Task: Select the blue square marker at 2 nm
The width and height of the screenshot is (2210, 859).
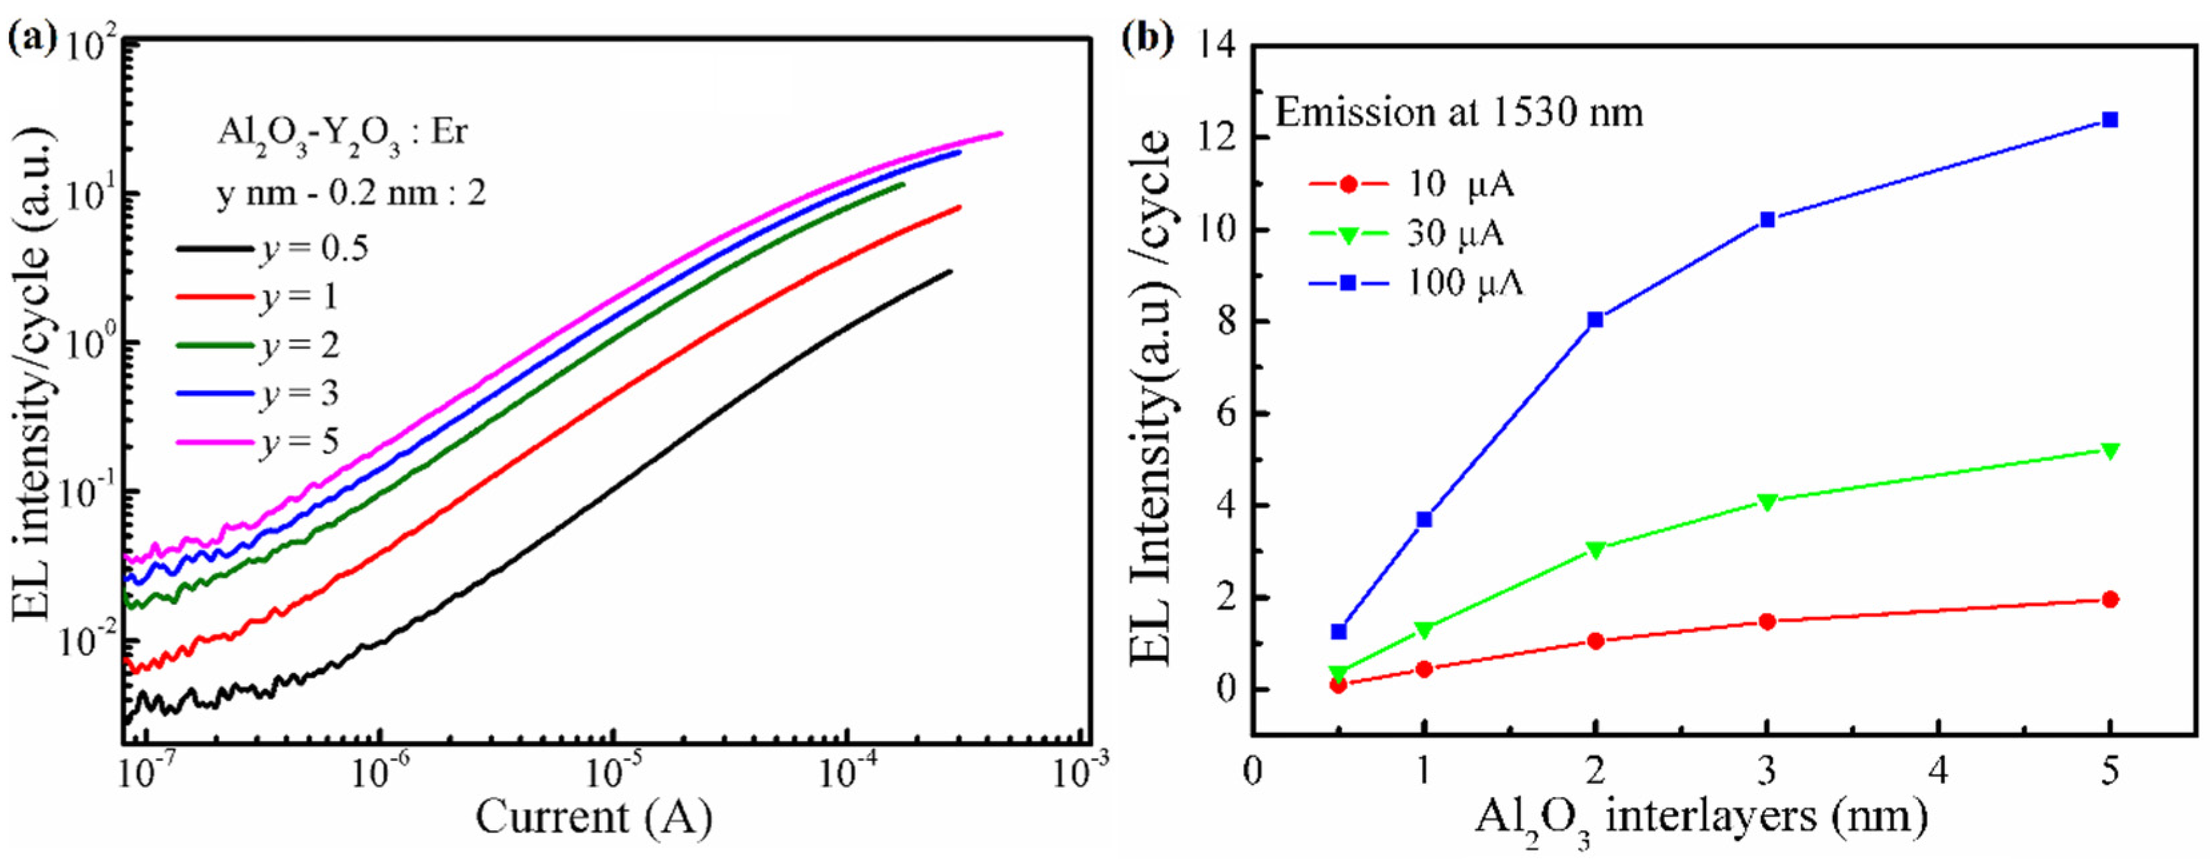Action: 1595,320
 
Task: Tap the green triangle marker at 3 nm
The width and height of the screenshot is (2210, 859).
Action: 1766,501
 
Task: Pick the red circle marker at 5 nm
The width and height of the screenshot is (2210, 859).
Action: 2111,599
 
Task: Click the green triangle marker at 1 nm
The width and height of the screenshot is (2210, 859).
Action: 1424,630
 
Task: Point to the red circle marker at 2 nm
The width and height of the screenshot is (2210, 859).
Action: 1595,641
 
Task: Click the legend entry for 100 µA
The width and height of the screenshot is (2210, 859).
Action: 1416,282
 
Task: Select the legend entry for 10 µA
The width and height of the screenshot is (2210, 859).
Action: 1416,185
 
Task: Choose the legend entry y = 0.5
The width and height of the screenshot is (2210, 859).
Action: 275,248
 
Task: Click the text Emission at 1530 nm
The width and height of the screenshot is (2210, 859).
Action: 1458,113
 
